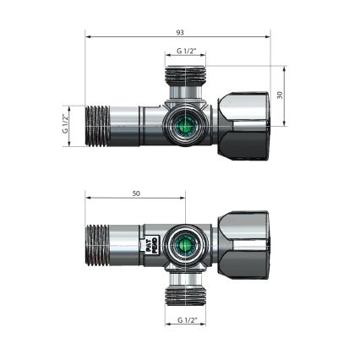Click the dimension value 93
point(179,32)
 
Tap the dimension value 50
point(137,194)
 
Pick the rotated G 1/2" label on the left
point(66,125)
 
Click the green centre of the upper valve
point(184,128)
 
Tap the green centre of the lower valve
point(183,246)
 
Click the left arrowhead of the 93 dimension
point(88,36)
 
